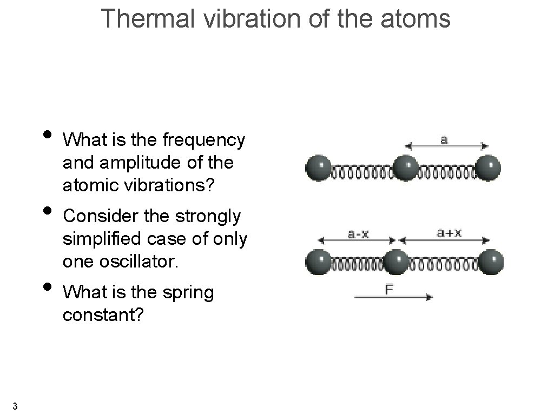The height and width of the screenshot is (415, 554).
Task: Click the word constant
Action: pos(103,314)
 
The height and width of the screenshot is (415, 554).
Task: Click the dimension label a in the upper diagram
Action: pos(444,140)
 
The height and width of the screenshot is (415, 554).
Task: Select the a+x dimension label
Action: pos(450,233)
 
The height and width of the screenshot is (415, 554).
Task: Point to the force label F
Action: pos(389,289)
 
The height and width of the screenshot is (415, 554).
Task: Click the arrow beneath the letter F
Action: pos(393,297)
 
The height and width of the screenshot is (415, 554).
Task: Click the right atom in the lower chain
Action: pos(491,262)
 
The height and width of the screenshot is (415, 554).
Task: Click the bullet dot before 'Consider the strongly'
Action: pos(48,210)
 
